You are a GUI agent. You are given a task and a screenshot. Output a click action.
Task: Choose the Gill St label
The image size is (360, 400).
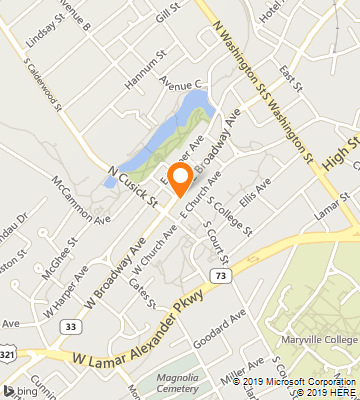click(x=167, y=11)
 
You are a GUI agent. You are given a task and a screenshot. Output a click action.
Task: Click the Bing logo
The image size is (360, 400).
click(x=14, y=390)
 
